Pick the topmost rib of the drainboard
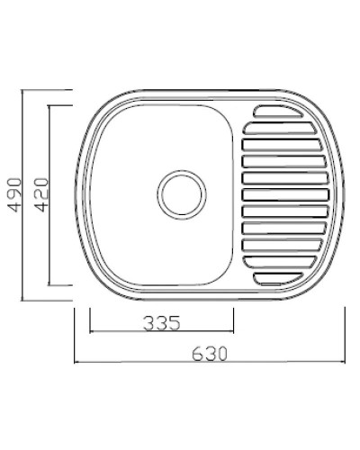pos(278,112)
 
